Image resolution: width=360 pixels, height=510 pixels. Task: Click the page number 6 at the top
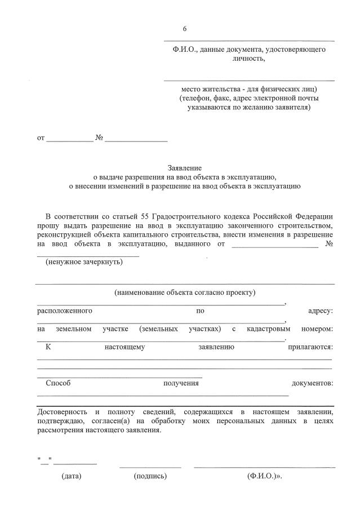click(x=184, y=29)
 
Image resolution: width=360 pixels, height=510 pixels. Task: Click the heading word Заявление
click(x=185, y=167)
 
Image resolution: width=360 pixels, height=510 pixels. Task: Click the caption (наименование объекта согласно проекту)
click(x=185, y=292)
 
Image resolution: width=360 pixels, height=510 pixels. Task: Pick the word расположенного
click(x=65, y=311)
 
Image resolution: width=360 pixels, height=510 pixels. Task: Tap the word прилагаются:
click(x=310, y=347)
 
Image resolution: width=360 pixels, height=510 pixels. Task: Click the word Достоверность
click(x=61, y=412)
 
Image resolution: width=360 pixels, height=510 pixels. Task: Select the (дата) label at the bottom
click(x=72, y=476)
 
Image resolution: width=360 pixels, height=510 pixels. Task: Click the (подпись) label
click(x=150, y=476)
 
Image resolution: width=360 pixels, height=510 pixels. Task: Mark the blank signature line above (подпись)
click(x=150, y=467)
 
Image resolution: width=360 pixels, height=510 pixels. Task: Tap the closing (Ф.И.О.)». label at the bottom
click(x=264, y=476)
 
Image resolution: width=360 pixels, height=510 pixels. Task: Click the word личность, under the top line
click(x=248, y=58)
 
